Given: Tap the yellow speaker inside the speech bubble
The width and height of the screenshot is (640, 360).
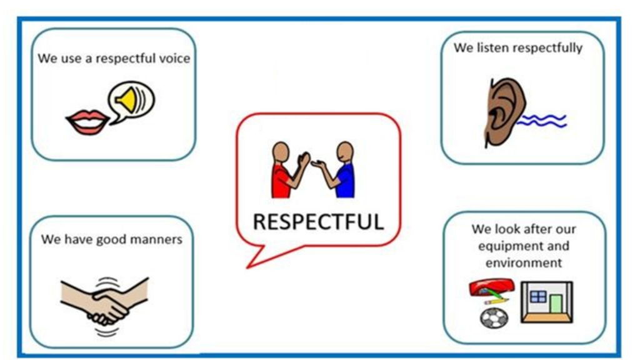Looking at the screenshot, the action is click(126, 99).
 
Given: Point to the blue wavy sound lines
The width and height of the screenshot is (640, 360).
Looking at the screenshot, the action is click(542, 121).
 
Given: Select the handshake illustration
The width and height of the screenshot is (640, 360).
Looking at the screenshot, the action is click(105, 301).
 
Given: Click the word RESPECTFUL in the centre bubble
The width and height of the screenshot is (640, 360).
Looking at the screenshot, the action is click(318, 222).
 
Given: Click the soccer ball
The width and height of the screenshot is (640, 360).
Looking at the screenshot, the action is click(494, 318).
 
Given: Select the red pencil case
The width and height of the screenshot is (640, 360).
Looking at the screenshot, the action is click(491, 287).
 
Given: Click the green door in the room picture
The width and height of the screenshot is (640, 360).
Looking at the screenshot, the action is click(556, 304).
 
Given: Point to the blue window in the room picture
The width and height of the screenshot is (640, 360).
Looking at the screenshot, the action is click(537, 296).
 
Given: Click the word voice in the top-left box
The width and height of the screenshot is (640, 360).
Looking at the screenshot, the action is click(175, 58).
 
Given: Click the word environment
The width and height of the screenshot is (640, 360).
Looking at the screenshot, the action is click(524, 262).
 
